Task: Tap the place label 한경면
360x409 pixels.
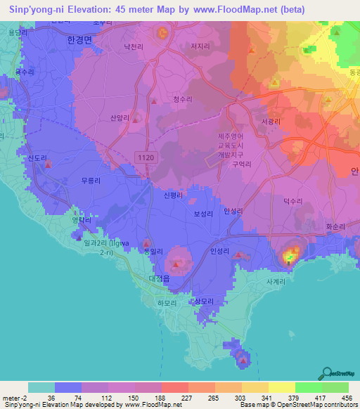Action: tap(78, 40)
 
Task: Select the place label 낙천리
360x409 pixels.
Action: tap(133, 46)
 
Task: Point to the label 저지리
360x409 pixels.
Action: tap(200, 46)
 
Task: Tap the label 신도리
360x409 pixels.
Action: tap(36, 158)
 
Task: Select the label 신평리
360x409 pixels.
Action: tap(173, 195)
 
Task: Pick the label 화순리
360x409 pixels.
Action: tap(337, 227)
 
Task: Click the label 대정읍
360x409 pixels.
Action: tap(160, 278)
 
